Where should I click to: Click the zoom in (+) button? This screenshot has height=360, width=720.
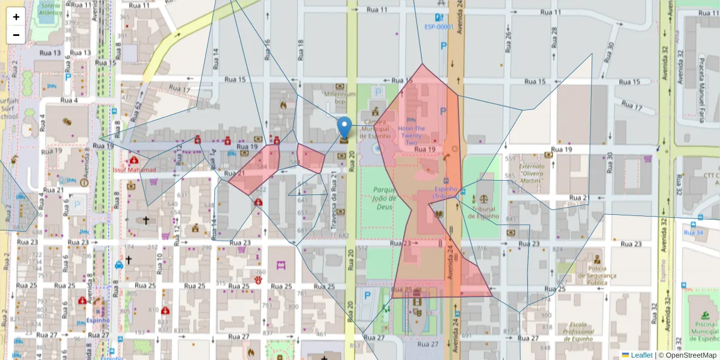click(x=16, y=17)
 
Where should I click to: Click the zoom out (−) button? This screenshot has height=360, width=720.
click(x=16, y=35)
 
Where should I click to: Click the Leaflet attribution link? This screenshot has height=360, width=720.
click(x=641, y=355)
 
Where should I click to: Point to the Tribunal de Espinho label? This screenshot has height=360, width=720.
click(x=485, y=212)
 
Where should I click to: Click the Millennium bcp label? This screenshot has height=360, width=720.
click(x=340, y=98)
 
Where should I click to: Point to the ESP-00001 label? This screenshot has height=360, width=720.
click(x=439, y=27)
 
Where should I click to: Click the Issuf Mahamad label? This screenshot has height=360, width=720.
click(x=134, y=170)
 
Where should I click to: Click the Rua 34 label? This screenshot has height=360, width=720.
click(x=693, y=232)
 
